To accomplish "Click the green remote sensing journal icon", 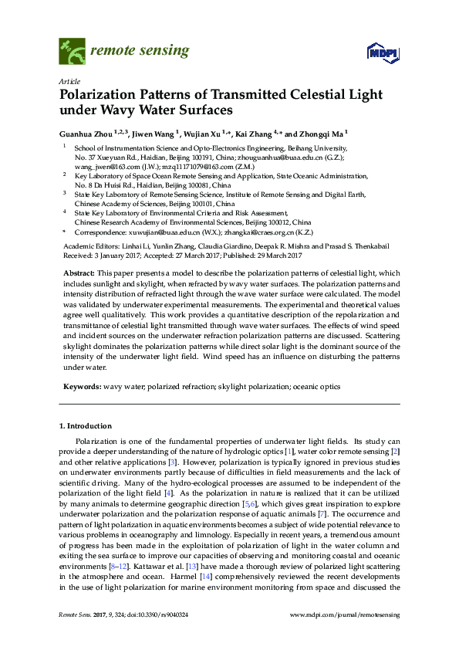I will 72,52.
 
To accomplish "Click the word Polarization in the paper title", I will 95,96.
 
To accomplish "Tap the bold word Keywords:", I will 82,386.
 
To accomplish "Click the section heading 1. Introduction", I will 86,425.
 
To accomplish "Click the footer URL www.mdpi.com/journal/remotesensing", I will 344,635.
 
